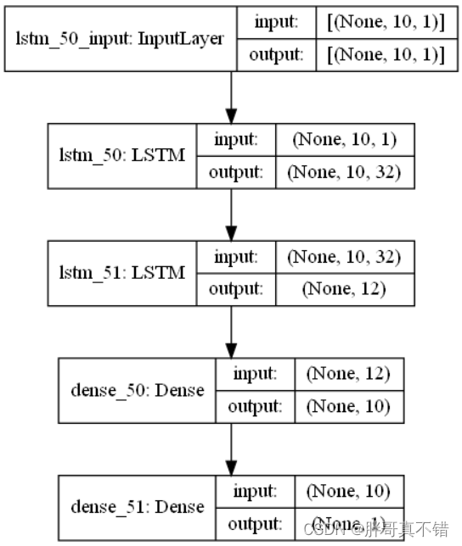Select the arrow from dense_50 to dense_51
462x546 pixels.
[x=230, y=448]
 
